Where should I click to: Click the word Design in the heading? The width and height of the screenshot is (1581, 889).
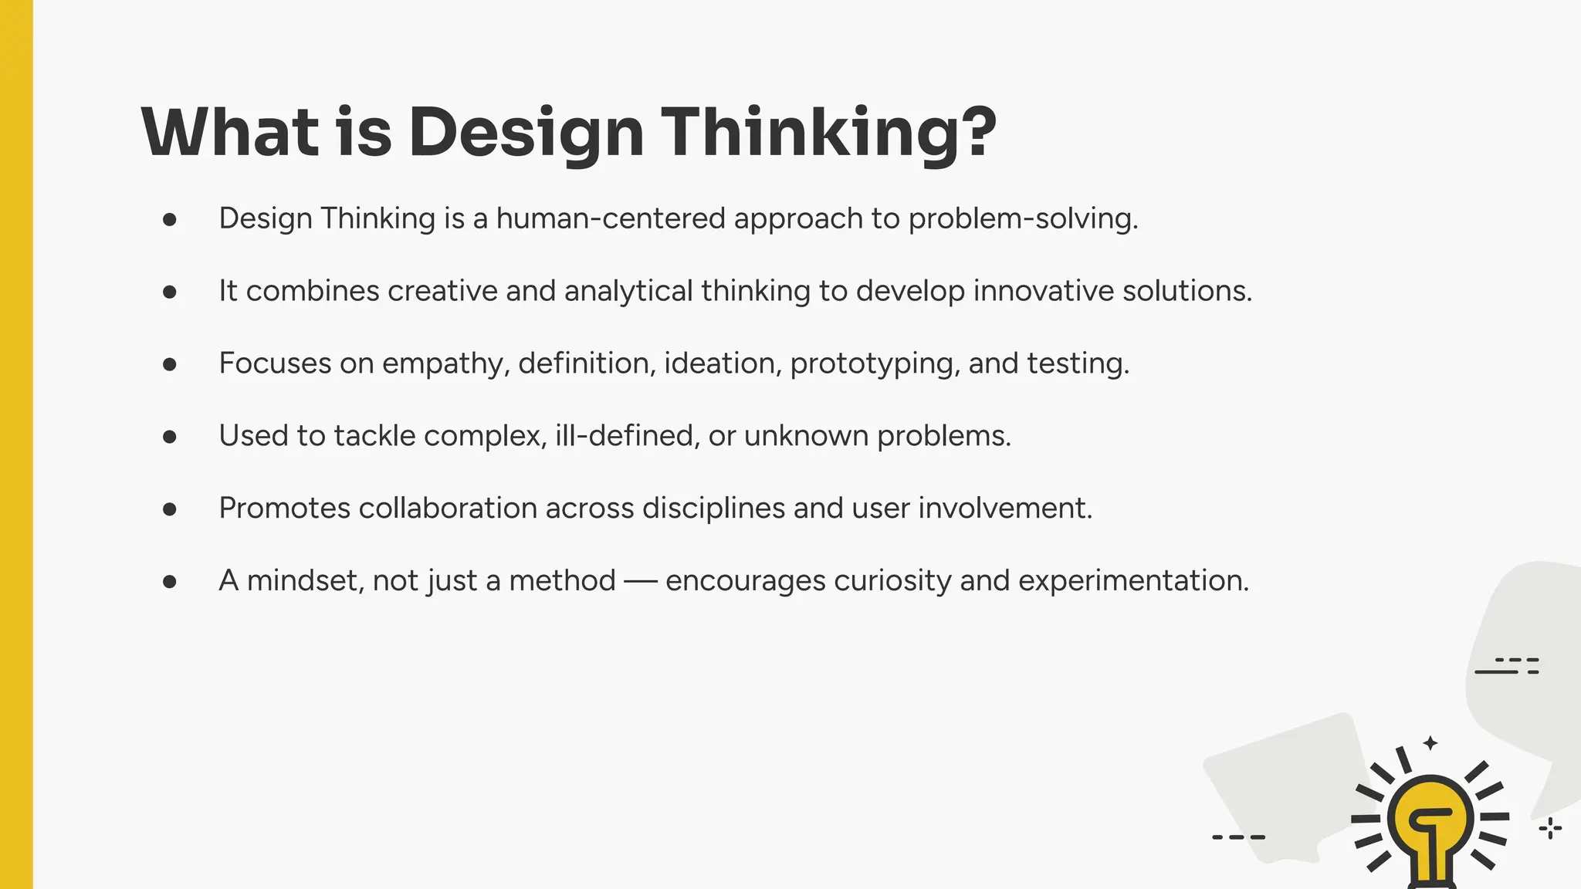click(x=526, y=133)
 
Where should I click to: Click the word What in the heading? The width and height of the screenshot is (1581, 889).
click(x=230, y=133)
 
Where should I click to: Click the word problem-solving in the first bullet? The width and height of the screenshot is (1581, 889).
click(x=1022, y=218)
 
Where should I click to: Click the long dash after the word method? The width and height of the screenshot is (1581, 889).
click(x=640, y=582)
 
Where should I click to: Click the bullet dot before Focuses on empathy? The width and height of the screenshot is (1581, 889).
click(x=170, y=364)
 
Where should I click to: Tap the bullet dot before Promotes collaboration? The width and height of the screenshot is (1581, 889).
click(x=170, y=509)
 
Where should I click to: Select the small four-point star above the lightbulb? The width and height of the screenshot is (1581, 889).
click(x=1430, y=743)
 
